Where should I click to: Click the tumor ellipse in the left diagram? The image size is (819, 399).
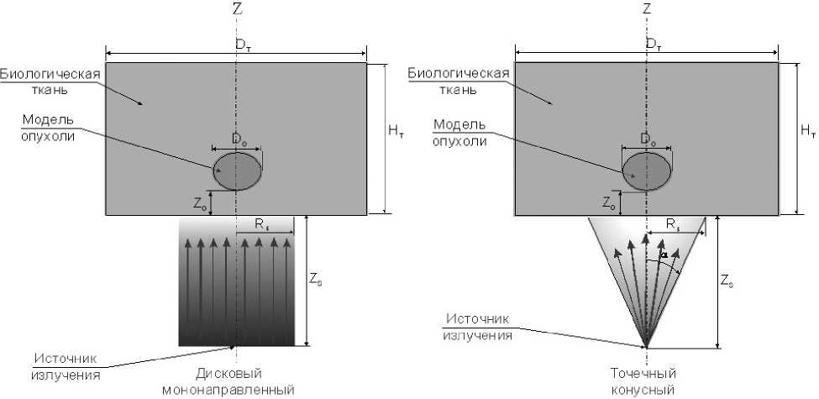coord(238,171)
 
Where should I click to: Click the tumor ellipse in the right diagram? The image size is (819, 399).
coord(646,171)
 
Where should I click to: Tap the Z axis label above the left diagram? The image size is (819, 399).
coord(237,10)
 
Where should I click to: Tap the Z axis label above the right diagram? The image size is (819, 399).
coord(646,10)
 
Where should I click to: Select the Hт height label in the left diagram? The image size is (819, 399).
coord(396,130)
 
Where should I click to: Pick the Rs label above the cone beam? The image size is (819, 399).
coord(673,226)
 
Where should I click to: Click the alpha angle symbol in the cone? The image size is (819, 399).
coord(664,255)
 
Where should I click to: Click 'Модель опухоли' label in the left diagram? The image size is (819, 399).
coord(50,127)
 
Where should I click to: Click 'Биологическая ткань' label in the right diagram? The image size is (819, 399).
coord(459,81)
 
